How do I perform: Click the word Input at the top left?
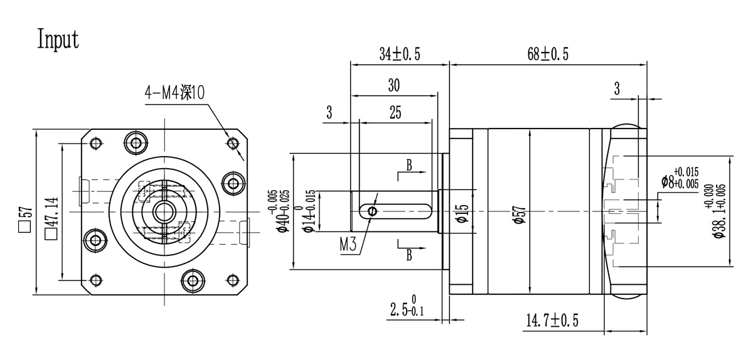point(58,39)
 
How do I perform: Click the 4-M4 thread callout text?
point(174,93)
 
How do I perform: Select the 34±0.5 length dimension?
point(399,55)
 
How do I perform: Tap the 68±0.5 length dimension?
point(547,55)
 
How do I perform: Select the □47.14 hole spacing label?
point(51,219)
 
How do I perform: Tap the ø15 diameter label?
point(461,214)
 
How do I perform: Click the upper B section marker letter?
point(409,166)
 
